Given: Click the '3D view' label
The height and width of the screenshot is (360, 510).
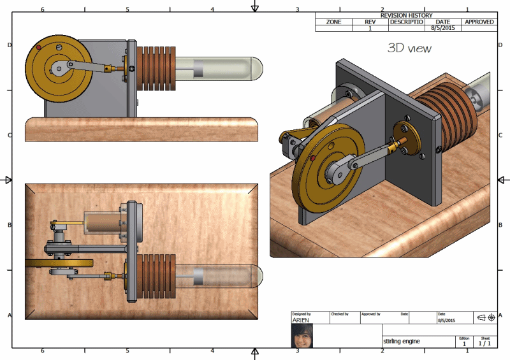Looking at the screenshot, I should [x=409, y=48].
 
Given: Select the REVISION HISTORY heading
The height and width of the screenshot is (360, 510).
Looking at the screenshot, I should [x=406, y=15].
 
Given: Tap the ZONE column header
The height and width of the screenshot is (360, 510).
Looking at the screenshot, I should [x=333, y=22].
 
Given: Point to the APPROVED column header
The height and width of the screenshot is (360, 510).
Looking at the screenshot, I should [x=479, y=22].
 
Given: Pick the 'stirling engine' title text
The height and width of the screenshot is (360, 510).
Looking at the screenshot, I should [x=401, y=342].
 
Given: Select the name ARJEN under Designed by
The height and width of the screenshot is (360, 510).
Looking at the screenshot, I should [x=300, y=320].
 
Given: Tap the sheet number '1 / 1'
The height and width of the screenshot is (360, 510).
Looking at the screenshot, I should [x=485, y=343].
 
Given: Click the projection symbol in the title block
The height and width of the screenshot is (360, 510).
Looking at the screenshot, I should [x=486, y=317].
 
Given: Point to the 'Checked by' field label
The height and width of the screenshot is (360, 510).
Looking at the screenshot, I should [x=339, y=313].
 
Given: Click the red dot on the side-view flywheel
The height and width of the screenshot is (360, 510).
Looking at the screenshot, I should [x=39, y=48].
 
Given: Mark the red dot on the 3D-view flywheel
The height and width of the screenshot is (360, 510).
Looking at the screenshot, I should [x=312, y=157].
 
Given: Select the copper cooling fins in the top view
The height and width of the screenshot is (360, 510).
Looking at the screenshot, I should [x=157, y=275].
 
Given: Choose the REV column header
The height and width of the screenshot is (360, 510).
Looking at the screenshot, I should [x=370, y=22].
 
